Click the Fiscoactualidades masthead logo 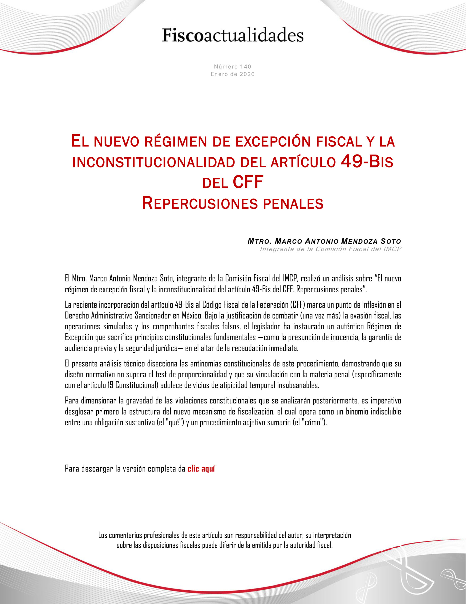(x=233, y=35)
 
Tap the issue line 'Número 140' (x=232, y=66)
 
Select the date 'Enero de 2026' (x=232, y=74)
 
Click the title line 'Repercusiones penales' (x=233, y=203)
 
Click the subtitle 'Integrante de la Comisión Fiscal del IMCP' (x=330, y=249)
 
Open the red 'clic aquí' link (x=201, y=469)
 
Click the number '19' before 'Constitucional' (x=110, y=385)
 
